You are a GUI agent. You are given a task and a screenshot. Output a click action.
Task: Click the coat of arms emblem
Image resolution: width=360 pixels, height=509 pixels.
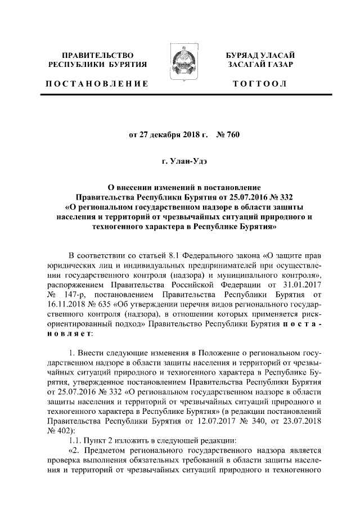[180, 66]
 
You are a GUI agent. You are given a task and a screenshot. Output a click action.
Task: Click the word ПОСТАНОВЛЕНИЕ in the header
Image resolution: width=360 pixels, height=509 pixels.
[97, 84]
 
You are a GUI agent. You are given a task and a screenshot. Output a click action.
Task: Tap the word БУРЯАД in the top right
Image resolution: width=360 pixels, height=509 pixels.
[242, 55]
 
